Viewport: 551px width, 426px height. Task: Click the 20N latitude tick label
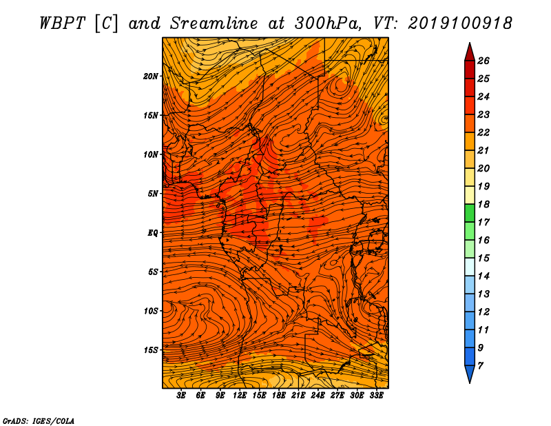pos(151,77)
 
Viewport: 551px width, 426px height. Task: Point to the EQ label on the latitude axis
pos(153,233)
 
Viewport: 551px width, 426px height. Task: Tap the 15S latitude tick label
pos(151,350)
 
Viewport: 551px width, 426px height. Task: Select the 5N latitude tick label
pos(153,194)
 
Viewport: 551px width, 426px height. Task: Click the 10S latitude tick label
pos(151,312)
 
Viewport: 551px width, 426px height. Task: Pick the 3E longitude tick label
pos(181,396)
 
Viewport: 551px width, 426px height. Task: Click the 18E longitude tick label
pos(279,396)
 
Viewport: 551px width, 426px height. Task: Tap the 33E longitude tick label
pos(376,396)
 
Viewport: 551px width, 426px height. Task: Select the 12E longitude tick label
pos(240,396)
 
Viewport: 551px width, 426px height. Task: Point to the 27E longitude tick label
pos(337,396)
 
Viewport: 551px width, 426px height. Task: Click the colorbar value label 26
pos(484,61)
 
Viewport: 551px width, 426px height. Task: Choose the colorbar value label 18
pos(484,204)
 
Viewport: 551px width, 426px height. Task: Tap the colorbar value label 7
pos(480,366)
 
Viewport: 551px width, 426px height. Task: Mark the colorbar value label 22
pos(484,132)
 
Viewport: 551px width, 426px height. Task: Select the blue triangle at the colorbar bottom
pos(470,374)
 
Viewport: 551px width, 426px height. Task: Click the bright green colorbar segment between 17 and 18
pos(470,213)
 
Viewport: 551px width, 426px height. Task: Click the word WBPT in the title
pos(62,23)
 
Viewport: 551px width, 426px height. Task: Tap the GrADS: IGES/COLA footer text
pos(39,421)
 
